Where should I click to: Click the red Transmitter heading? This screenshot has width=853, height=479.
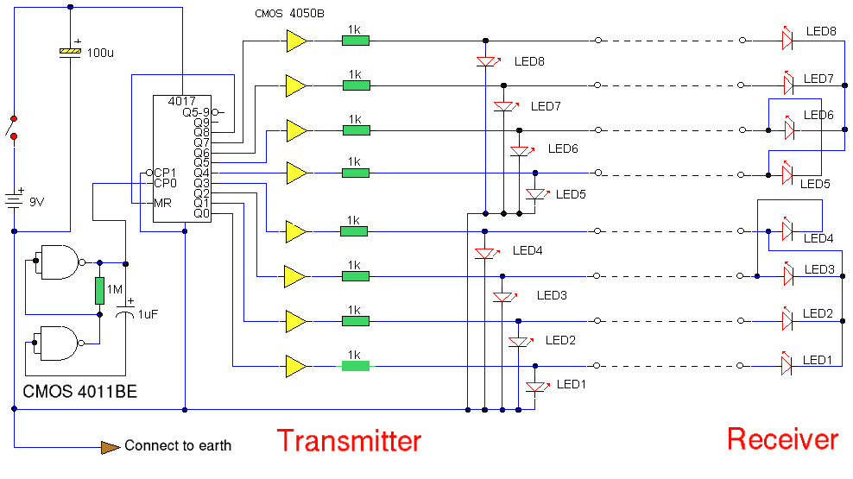[x=349, y=441]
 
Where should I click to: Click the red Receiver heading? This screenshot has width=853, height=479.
[x=782, y=439]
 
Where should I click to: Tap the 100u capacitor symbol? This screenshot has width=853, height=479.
[x=70, y=52]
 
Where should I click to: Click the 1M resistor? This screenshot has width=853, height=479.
[x=100, y=291]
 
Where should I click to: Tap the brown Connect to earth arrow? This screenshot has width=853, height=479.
[x=110, y=446]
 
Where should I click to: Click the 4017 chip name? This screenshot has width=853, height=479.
[x=169, y=102]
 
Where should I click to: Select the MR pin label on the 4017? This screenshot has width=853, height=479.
[x=162, y=204]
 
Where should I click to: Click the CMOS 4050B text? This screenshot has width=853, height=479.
[x=291, y=15]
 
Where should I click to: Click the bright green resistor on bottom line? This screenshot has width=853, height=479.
[x=355, y=366]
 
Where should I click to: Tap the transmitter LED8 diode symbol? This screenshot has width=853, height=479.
[x=486, y=61]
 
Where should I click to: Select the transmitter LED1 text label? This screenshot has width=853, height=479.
[x=571, y=384]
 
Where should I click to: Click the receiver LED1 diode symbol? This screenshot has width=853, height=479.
[x=787, y=366]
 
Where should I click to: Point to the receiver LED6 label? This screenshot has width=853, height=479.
[x=818, y=115]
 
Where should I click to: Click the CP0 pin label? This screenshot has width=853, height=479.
[x=165, y=183]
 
